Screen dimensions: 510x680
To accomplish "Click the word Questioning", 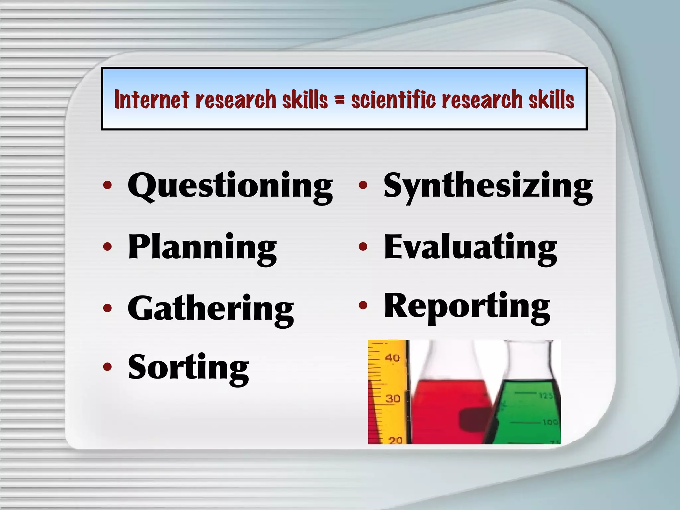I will [230, 186].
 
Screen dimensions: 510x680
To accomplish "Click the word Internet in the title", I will [152, 99].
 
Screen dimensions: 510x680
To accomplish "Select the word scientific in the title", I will [393, 99].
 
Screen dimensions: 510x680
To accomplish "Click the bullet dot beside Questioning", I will [107, 185].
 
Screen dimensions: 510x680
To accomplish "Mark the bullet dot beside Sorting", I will [107, 367].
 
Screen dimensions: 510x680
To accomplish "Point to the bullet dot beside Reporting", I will [363, 305].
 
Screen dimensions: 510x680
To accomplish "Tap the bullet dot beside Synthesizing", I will [363, 185].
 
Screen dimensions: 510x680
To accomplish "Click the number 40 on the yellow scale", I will [392, 358].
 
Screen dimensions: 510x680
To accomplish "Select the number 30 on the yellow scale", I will [393, 398].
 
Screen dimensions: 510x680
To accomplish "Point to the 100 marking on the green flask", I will [550, 422].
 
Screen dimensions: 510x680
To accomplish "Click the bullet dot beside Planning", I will [107, 246].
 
